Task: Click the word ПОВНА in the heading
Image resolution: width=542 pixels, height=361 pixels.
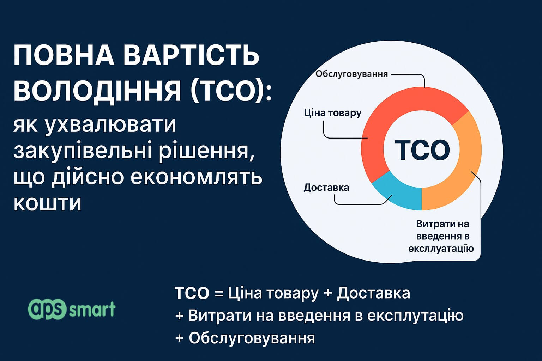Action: pyautogui.click(x=64, y=56)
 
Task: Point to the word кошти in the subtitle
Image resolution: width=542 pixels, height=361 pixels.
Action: pyautogui.click(x=47, y=203)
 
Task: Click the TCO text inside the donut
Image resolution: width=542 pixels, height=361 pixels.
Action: pyautogui.click(x=422, y=150)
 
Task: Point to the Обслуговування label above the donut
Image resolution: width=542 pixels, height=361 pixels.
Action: pyautogui.click(x=351, y=74)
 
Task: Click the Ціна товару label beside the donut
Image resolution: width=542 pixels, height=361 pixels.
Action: pyautogui.click(x=333, y=113)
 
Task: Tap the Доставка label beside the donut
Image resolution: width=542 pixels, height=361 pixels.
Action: pyautogui.click(x=326, y=188)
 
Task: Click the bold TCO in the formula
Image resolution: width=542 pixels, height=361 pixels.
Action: pyautogui.click(x=192, y=294)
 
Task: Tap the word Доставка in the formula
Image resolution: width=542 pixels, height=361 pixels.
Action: pyautogui.click(x=374, y=294)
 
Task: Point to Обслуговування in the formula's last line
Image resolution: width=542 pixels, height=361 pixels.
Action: pyautogui.click(x=252, y=338)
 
